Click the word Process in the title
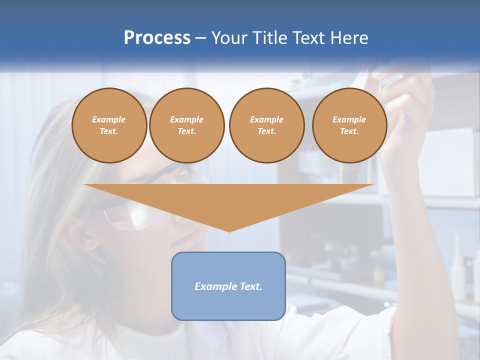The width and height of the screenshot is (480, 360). click(x=157, y=38)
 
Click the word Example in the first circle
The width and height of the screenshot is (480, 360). click(x=109, y=119)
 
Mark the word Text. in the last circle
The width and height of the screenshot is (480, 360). click(x=349, y=131)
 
